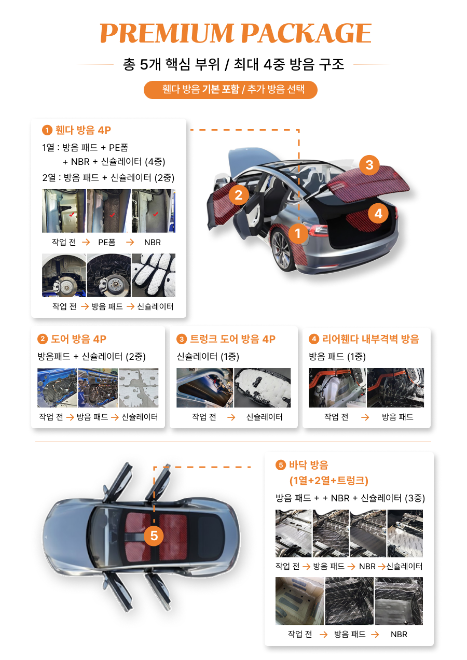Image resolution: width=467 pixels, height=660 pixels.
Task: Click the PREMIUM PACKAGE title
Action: (235, 33)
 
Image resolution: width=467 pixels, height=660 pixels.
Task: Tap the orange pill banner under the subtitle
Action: (230, 90)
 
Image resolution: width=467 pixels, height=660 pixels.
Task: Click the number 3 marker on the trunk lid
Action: (369, 165)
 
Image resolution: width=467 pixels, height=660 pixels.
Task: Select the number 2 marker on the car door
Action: (238, 195)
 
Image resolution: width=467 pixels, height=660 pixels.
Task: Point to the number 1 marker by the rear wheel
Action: (298, 233)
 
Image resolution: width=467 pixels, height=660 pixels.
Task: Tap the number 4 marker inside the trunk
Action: (378, 213)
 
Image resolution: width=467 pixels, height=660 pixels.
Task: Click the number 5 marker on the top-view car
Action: (154, 536)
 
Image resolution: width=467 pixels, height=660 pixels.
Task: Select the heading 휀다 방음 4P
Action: (83, 130)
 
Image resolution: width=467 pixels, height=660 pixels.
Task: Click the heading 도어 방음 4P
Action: (78, 339)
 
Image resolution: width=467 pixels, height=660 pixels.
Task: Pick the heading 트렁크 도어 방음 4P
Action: (232, 339)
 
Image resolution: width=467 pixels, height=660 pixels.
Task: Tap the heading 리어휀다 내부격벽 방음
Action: (370, 339)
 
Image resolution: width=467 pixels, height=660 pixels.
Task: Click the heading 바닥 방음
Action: (308, 465)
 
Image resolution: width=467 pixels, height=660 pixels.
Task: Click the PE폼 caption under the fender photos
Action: (107, 242)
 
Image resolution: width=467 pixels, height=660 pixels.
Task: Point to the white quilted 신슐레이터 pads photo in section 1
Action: (154, 275)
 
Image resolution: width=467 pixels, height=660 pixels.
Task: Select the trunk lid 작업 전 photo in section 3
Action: (204, 388)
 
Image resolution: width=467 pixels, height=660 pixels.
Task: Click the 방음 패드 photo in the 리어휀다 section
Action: (395, 388)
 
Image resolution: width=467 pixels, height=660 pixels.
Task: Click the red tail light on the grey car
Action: (318, 230)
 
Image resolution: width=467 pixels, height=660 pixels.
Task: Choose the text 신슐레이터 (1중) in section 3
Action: (208, 357)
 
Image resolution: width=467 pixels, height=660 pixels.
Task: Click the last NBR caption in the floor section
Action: (399, 634)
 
